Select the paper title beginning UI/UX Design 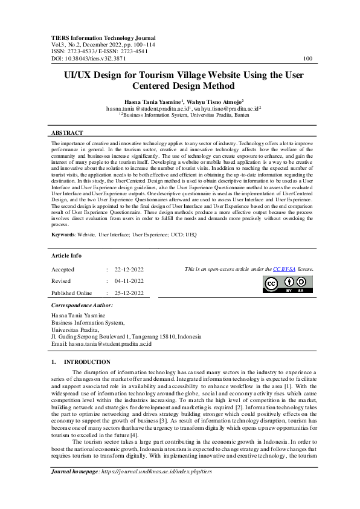[179, 82]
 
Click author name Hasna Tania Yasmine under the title [147, 102]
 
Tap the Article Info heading [68, 256]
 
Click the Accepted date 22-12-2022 [125, 270]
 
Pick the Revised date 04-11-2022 [125, 281]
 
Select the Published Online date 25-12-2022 [125, 293]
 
